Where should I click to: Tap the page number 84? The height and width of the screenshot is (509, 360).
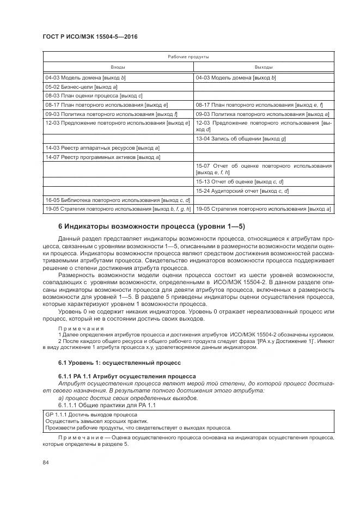[46, 463]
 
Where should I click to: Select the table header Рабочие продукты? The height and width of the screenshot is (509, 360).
[188, 57]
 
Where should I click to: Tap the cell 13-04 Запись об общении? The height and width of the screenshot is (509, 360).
[240, 138]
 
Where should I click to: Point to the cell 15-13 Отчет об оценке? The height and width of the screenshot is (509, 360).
[240, 181]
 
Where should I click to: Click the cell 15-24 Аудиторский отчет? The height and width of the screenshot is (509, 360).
[242, 191]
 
